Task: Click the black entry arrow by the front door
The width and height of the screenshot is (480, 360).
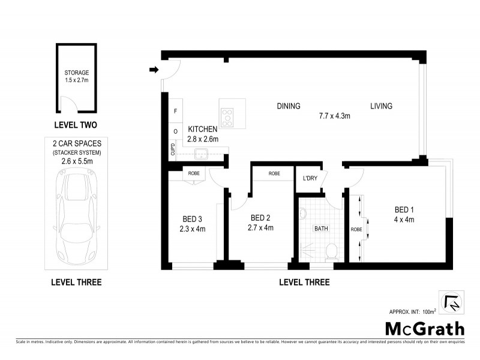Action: [154, 71]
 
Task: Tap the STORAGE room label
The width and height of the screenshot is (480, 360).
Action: [76, 72]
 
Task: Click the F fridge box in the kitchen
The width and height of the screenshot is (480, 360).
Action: [175, 112]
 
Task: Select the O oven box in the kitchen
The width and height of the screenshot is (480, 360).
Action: [175, 131]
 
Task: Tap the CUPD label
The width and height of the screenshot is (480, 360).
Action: [173, 149]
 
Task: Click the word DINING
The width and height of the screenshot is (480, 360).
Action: [288, 106]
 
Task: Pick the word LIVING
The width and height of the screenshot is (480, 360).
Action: [381, 106]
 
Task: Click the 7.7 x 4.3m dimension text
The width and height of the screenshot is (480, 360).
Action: [334, 116]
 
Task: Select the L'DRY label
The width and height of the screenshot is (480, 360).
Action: [310, 178]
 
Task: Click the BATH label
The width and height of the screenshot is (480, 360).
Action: [321, 228]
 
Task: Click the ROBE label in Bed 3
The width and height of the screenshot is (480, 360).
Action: [193, 173]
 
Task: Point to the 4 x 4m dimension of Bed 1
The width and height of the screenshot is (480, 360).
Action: [404, 220]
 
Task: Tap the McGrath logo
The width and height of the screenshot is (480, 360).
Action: [424, 329]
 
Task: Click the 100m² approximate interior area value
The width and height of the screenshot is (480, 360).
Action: [428, 311]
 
